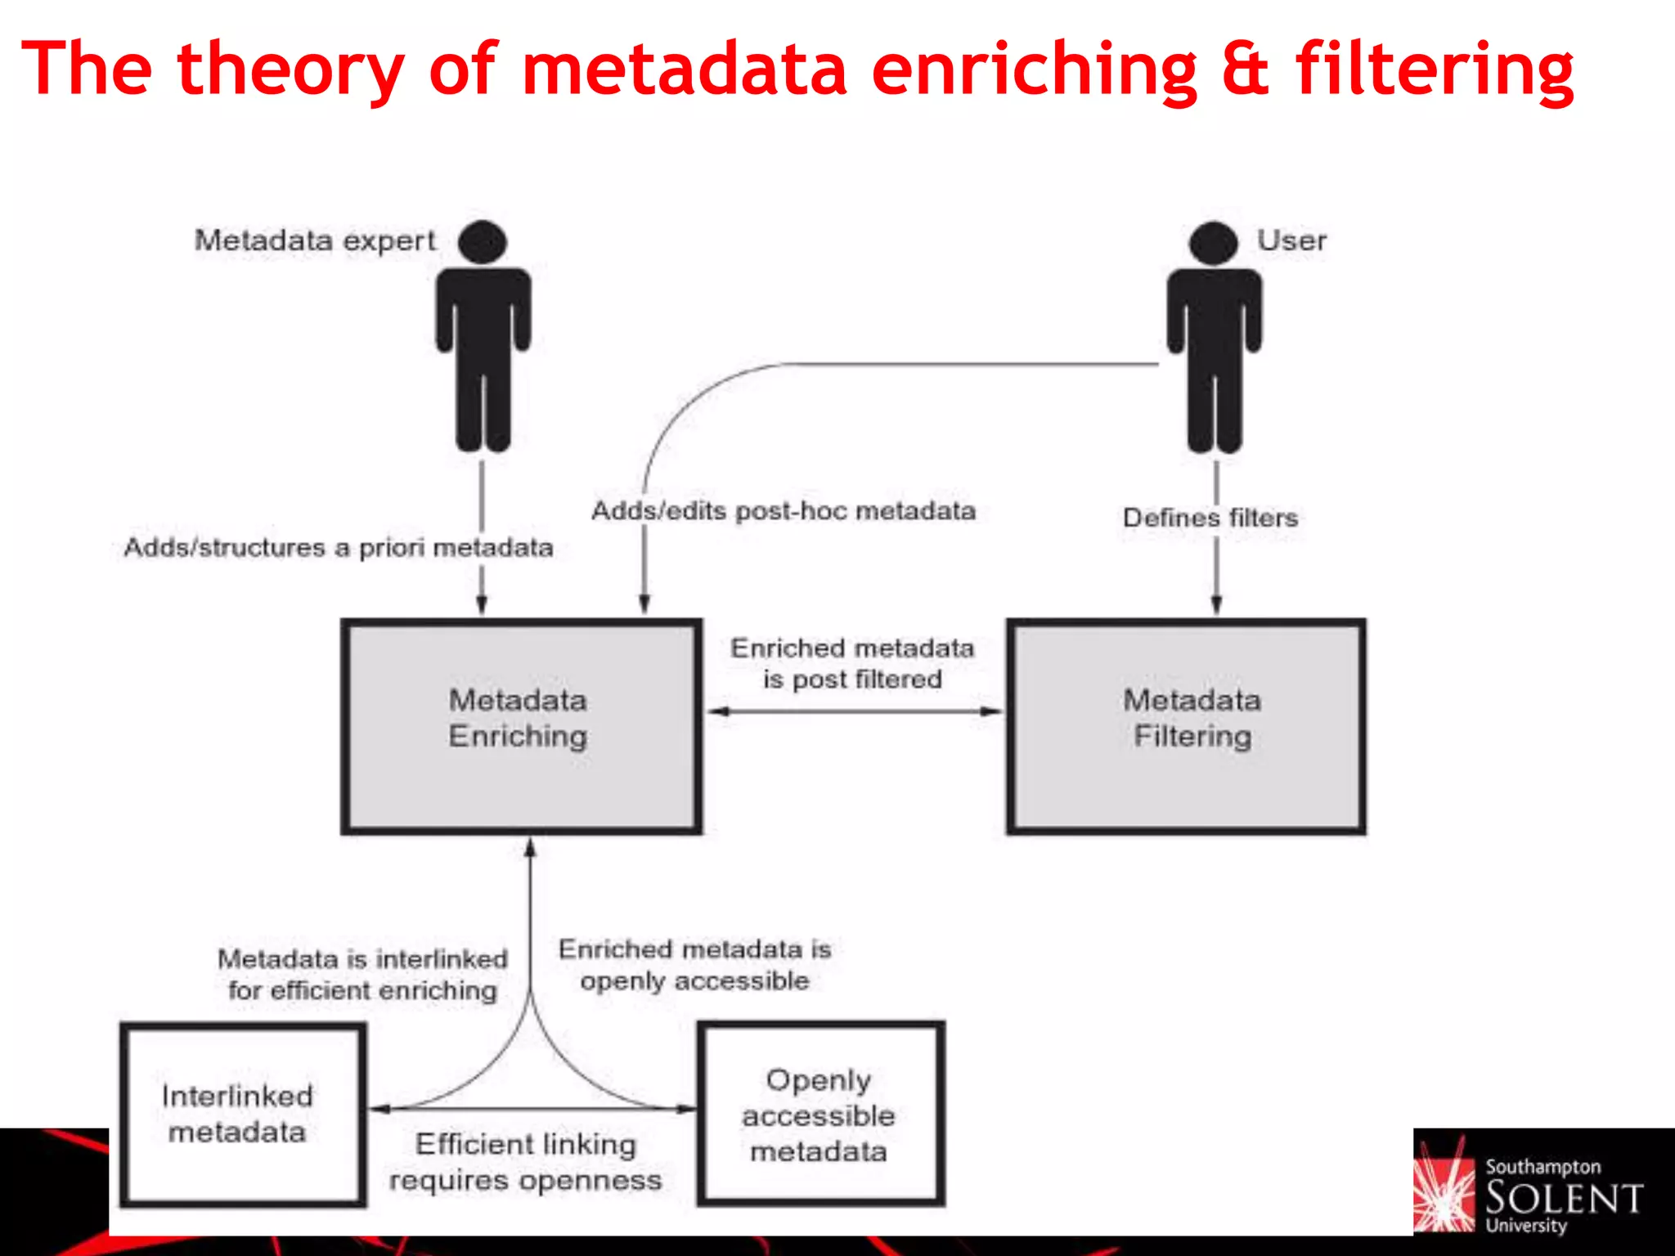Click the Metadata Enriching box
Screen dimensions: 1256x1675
pos(521,726)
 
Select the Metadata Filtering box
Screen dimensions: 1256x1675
pos(1186,726)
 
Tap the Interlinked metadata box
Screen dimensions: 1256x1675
pos(242,1114)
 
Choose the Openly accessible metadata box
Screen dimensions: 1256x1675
pos(820,1114)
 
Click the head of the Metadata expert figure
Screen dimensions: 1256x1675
pos(483,242)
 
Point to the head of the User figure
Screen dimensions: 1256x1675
pos(1214,243)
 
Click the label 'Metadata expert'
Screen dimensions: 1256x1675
pos(315,240)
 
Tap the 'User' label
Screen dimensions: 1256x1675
pos(1291,240)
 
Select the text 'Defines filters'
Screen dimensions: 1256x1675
pos(1210,518)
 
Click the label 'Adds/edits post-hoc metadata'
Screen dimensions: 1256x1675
pos(784,511)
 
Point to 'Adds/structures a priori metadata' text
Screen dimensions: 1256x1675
pos(339,547)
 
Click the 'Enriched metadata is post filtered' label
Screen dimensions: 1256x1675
pos(852,663)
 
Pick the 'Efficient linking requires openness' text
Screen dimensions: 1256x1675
pos(526,1162)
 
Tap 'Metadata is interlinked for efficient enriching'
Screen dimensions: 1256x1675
pos(362,974)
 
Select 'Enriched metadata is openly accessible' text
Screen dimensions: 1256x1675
pos(694,965)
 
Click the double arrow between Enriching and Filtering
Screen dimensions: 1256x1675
pos(854,711)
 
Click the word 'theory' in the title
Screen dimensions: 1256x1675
pos(290,70)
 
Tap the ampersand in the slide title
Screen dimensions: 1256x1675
pos(1246,69)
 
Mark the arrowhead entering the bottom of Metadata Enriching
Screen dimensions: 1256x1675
pos(530,849)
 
